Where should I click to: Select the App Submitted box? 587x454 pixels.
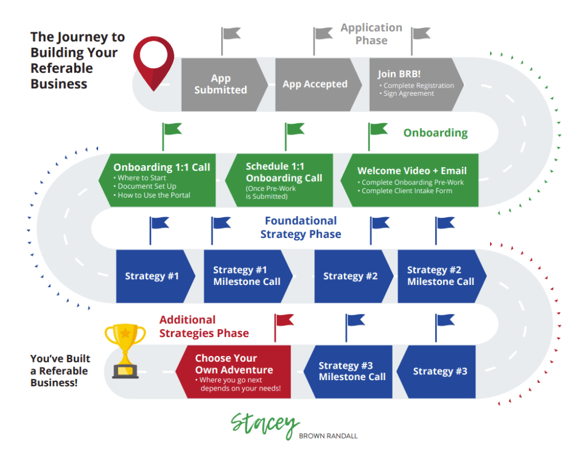(225, 85)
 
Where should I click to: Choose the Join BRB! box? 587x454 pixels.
(416, 85)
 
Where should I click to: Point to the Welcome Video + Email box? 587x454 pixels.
(409, 180)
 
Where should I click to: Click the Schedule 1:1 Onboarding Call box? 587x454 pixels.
(279, 180)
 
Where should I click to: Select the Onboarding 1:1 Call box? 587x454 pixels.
(157, 180)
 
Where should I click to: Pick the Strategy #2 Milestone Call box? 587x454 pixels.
(442, 276)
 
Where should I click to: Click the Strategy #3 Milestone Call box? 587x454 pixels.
(348, 371)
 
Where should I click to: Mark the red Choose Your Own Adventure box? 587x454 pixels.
(233, 371)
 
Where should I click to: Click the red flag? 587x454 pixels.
(283, 327)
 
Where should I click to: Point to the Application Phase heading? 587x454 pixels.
(371, 34)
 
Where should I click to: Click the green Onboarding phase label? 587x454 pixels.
(436, 133)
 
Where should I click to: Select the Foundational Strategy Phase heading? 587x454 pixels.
(300, 227)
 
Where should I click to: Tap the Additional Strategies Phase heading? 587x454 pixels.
(204, 326)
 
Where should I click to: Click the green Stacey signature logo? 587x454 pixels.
(265, 425)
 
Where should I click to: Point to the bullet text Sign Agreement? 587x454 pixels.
(408, 93)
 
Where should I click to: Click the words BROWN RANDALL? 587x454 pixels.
(328, 436)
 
